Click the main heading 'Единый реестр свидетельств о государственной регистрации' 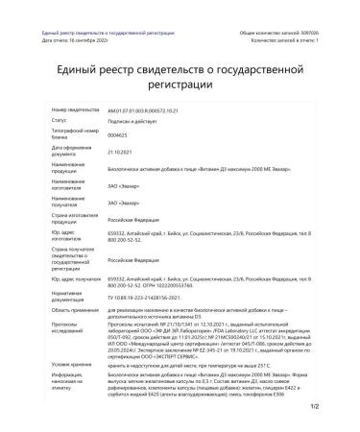pos(180,77)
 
